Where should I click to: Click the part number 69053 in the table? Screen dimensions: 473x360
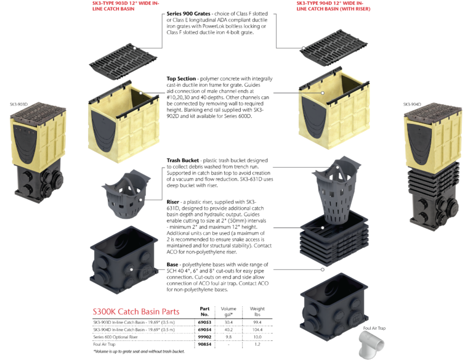204,322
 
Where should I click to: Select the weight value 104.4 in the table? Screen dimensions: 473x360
257,330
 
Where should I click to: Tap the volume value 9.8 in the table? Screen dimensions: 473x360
228,337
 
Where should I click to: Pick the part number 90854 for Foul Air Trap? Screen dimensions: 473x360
204,344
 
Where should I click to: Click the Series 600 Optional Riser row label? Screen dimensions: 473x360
115,337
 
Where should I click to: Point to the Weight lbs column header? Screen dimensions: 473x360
257,311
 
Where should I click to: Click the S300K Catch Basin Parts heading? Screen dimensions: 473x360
136,311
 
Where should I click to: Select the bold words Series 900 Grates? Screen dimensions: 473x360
188,14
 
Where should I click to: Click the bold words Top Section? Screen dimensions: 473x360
181,78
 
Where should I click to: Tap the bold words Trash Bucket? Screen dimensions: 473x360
183,160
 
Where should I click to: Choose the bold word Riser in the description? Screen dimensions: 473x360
173,202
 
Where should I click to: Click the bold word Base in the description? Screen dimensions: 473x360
172,264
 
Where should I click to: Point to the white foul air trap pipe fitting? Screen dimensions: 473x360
371,345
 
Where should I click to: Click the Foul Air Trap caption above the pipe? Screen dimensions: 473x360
374,328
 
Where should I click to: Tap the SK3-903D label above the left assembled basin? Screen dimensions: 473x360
18,105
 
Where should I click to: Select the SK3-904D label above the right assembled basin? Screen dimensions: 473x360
412,105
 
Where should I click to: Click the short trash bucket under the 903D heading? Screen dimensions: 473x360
126,194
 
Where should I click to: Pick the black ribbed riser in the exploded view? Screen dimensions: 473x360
334,238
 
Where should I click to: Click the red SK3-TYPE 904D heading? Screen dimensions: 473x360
333,6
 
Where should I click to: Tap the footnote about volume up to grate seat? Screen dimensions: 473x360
139,351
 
